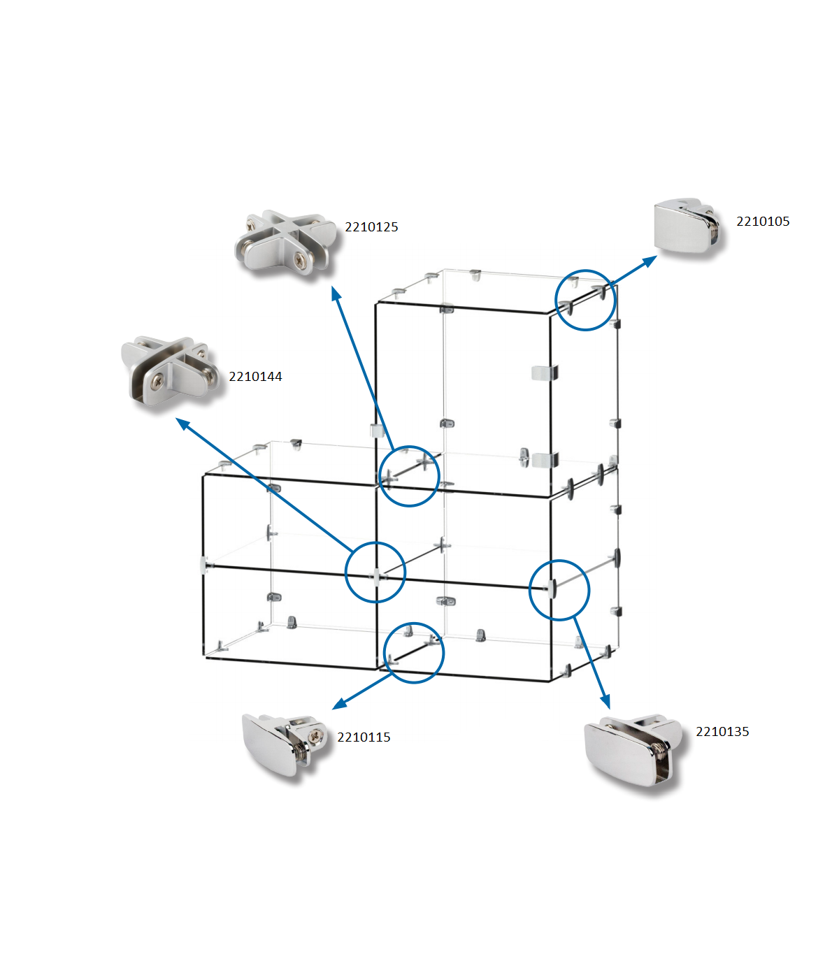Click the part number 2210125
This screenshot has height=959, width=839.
point(371,227)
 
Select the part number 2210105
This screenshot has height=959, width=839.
point(763,222)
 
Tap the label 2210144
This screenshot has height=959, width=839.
point(255,377)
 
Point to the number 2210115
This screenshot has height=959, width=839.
point(364,737)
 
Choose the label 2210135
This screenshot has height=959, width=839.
point(722,732)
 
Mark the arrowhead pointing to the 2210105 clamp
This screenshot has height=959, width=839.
point(650,260)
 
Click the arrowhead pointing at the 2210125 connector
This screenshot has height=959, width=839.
point(336,294)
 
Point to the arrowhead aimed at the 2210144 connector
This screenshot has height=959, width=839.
point(182,424)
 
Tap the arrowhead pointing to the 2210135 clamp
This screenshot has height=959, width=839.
point(605,701)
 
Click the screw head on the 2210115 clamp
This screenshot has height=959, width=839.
point(318,735)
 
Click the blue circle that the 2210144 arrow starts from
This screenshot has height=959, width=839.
point(375,572)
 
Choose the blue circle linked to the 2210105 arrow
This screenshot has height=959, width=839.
point(585,301)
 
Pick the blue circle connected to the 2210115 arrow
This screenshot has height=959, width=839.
point(414,653)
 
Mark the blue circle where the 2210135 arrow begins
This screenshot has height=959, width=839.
point(559,590)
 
